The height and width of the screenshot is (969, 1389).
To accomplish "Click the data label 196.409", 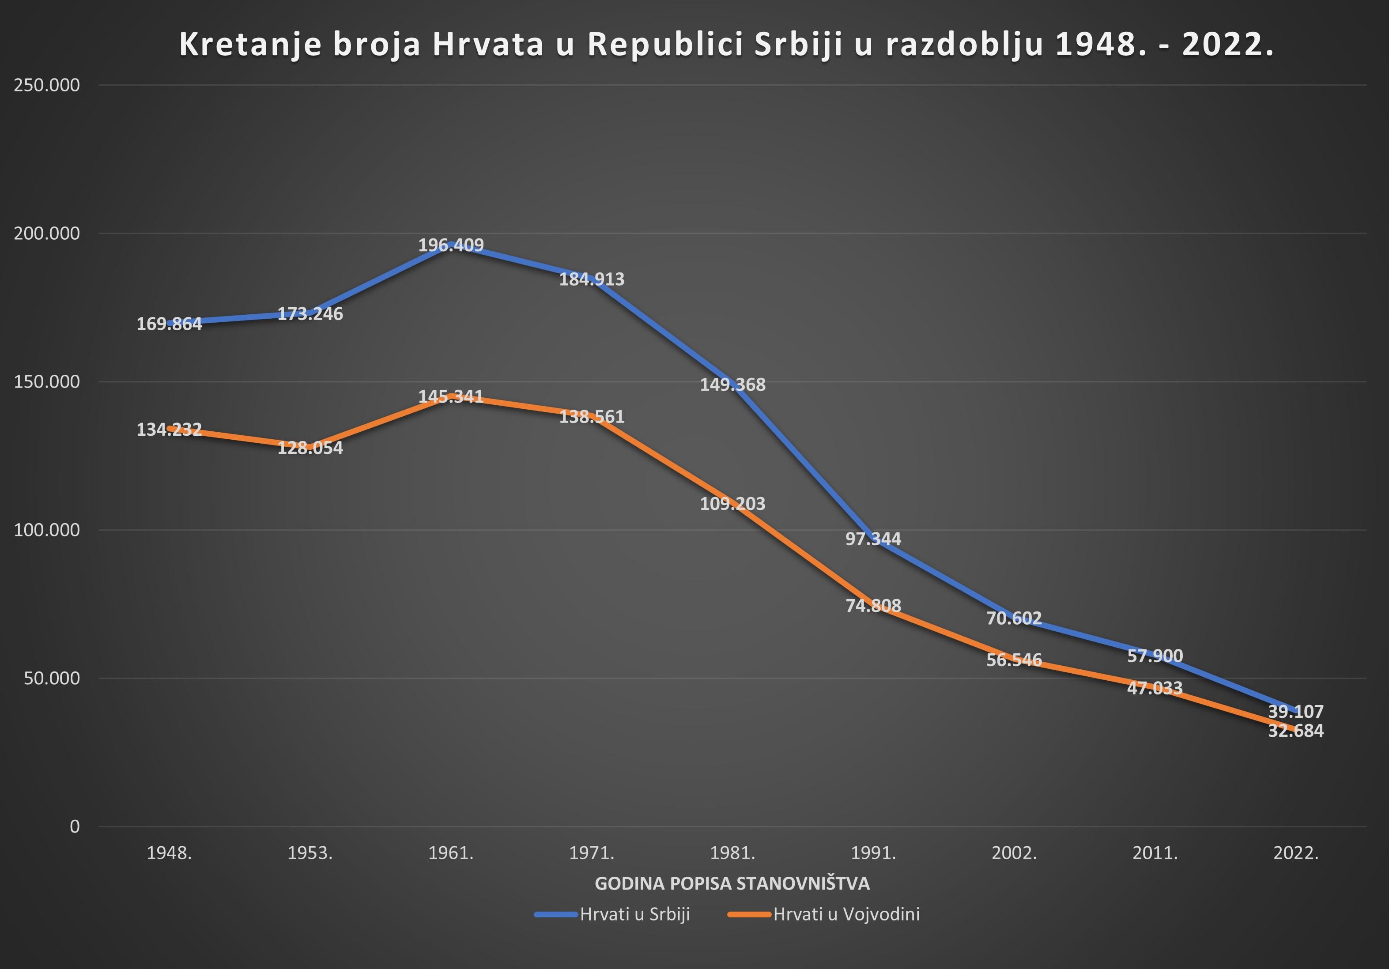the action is (x=451, y=245).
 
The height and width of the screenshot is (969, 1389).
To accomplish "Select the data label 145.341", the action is (x=451, y=396).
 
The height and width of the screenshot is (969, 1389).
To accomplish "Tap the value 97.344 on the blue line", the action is (x=873, y=538).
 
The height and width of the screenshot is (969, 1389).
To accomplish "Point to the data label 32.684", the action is (x=1296, y=731).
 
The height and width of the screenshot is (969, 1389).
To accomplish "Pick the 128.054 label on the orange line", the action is (x=310, y=448).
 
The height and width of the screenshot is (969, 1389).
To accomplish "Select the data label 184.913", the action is (x=592, y=279).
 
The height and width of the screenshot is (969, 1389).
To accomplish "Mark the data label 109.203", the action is (x=732, y=503).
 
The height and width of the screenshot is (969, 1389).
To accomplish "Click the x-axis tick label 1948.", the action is (x=170, y=853).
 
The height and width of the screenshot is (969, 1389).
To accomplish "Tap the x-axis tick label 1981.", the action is (x=732, y=853).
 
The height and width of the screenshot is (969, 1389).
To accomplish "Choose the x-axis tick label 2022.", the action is (x=1296, y=853).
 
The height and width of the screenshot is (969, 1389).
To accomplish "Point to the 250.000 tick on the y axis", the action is (x=47, y=85).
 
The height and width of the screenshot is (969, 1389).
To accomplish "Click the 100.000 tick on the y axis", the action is (x=47, y=530).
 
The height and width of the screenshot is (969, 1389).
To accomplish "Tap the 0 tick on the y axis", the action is (x=75, y=826).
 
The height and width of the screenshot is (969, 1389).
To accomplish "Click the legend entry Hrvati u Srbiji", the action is (x=612, y=914).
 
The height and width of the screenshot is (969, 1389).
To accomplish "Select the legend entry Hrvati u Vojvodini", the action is (x=824, y=914).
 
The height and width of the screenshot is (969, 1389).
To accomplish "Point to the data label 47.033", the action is (x=1155, y=688).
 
